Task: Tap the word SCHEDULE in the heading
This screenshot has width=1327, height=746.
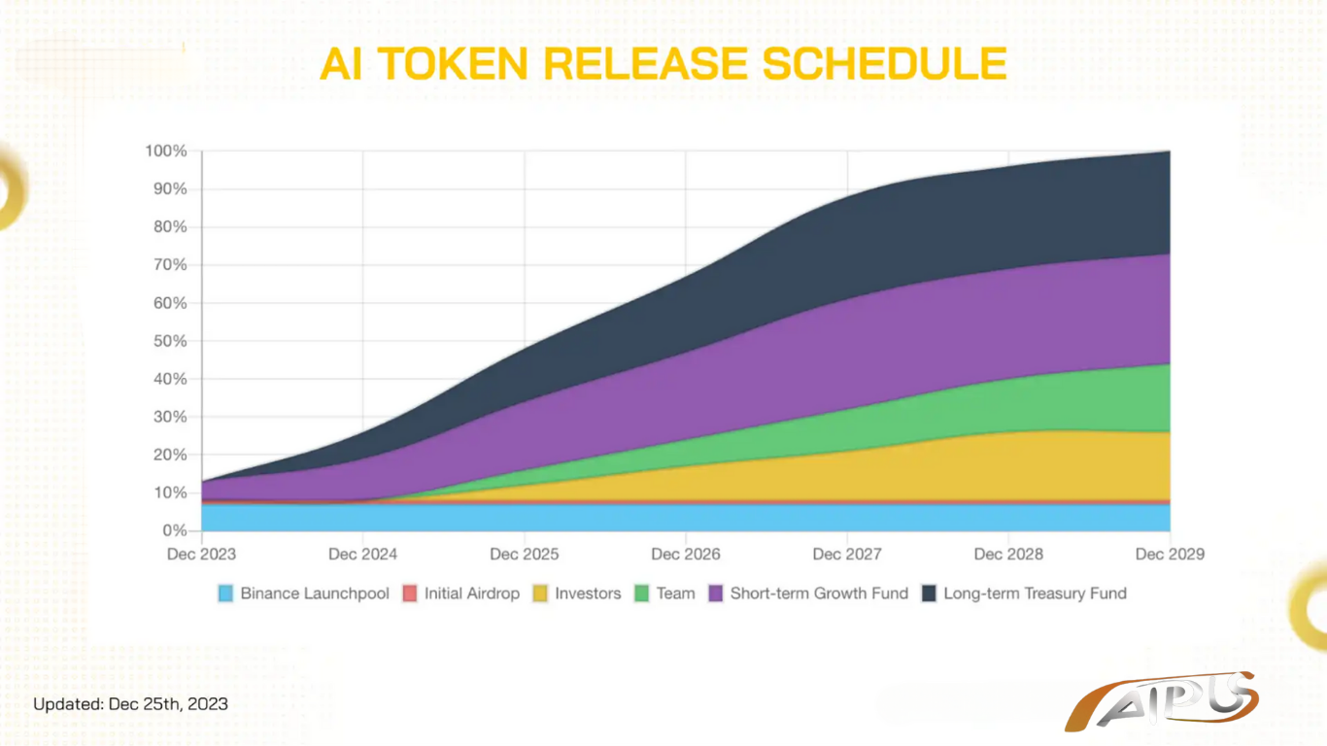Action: point(884,63)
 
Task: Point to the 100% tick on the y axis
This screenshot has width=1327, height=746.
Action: point(166,152)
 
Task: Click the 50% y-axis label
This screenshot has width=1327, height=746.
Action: point(170,341)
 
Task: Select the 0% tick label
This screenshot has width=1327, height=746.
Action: point(175,531)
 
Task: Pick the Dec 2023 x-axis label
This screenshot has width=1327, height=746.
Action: point(201,554)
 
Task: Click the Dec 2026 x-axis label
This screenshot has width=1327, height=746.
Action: point(686,554)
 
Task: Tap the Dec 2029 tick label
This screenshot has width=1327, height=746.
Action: point(1170,554)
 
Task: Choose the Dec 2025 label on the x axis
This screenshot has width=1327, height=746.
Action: point(525,554)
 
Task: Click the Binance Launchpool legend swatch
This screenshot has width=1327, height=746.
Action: point(225,593)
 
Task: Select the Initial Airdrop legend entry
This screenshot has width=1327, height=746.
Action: point(460,593)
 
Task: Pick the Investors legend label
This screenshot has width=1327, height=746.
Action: point(588,593)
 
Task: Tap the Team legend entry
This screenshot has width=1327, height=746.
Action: point(664,593)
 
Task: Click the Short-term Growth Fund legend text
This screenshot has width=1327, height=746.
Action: point(819,593)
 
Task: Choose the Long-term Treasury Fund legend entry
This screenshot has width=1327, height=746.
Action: point(1024,593)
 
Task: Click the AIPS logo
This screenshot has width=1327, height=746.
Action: point(1161,702)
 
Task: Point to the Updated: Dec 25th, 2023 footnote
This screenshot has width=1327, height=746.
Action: point(130,704)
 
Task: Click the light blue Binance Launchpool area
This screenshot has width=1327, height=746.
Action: point(686,518)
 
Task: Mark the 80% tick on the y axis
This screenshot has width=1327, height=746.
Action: point(170,227)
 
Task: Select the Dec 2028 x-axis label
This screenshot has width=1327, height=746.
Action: point(1008,554)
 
